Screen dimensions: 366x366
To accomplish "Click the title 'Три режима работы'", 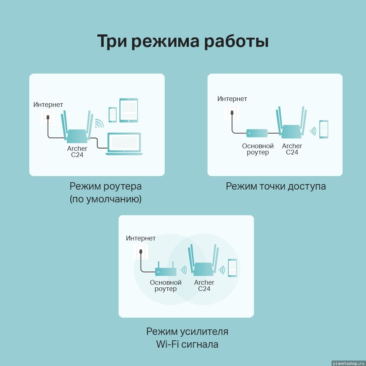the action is coord(183,41).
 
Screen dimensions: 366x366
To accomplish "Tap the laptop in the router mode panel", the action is coord(124,144).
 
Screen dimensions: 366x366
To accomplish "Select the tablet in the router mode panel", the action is coord(128,111).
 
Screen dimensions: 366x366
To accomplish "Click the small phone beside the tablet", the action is coord(113,115).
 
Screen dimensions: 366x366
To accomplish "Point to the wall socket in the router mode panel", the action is coord(48,117).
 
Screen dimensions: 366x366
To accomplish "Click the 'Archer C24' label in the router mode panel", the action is coord(77,152).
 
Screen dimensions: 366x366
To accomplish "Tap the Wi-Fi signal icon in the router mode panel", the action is coord(99,123).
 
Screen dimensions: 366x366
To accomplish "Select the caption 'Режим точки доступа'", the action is coord(276,186).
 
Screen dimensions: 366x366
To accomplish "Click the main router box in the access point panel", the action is coord(257,133).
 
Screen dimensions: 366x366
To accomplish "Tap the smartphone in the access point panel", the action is coord(324,129).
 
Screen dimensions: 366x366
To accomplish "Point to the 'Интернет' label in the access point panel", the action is coord(232,99).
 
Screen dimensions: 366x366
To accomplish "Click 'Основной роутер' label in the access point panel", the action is coord(258,149).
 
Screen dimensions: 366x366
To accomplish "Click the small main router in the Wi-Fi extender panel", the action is coord(166,269).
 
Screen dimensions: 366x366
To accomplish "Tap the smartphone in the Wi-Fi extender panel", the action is coord(232,268).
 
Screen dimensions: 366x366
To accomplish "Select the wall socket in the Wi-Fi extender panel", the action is coord(141,252).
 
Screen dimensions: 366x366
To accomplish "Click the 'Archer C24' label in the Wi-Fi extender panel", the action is coord(204,285).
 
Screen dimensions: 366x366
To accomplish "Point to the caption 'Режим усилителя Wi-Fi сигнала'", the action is coord(187,338).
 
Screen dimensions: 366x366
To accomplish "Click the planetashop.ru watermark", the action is coord(348,363).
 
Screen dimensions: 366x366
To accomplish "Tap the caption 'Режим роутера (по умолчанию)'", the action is coord(105,193).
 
